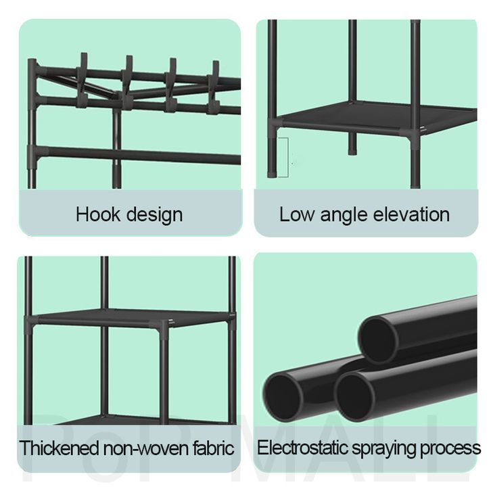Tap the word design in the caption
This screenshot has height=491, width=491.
coord(155,216)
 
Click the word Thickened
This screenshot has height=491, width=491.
coord(59,448)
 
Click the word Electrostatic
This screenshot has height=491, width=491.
coord(302,448)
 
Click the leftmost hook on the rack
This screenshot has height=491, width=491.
coord(83,80)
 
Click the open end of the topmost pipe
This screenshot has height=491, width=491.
coord(378,340)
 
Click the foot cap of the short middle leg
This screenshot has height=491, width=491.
coord(352,151)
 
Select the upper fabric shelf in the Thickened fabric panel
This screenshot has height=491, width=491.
coord(131,315)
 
